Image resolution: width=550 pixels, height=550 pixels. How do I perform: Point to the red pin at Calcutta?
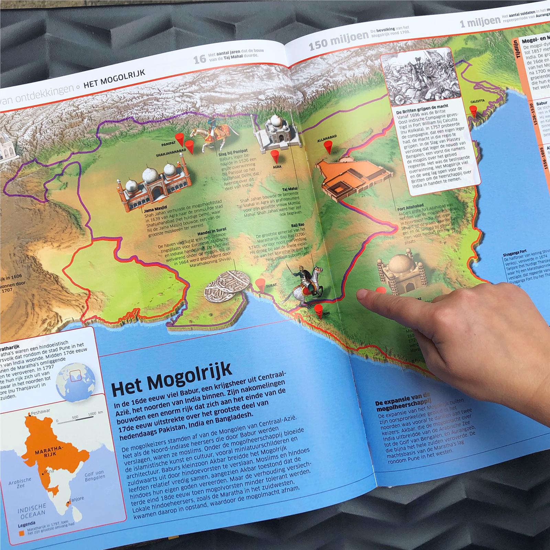pos(474,110)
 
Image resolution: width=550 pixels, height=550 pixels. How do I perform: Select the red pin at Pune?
pos(319,308)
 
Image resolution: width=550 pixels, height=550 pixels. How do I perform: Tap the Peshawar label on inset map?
pos(40,411)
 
